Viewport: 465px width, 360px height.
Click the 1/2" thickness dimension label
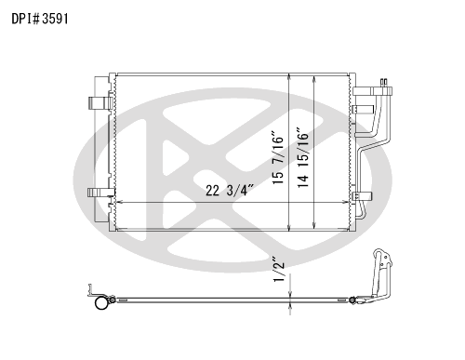(276, 270)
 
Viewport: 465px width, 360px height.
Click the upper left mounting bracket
(98, 104)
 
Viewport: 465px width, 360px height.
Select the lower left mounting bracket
(98, 193)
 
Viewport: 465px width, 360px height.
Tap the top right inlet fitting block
(367, 93)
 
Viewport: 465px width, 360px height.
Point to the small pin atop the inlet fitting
(381, 84)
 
